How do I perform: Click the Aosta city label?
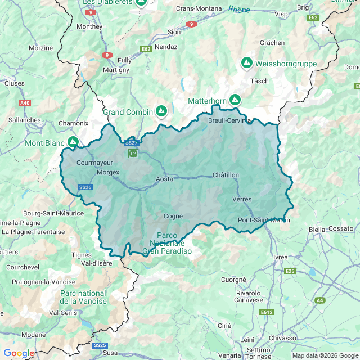point(165,179)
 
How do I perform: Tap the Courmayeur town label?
point(94,163)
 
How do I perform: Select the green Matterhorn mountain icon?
point(235,100)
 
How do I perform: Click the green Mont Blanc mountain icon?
point(73,142)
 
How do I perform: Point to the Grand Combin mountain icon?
point(161,111)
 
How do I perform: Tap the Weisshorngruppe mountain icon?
point(246,63)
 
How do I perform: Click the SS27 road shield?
point(132,143)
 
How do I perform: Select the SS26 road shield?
point(85,187)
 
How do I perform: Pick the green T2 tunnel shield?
point(133,154)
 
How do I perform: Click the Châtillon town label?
point(226,175)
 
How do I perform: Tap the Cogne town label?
point(173,216)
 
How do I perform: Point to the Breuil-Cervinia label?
point(229,120)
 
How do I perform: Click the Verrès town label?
point(242,200)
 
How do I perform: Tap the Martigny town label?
point(116,70)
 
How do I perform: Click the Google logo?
point(19,353)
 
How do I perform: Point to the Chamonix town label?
point(74,123)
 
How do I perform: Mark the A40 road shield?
point(25,103)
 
